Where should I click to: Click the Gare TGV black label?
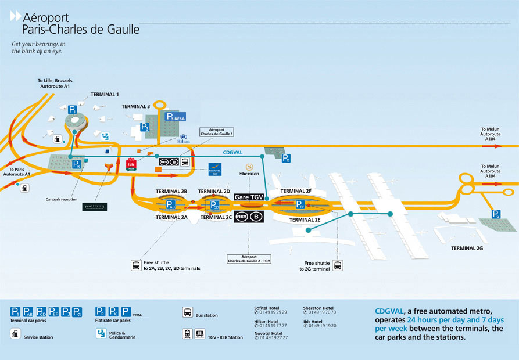pos(249,197)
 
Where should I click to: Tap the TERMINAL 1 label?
pos(105,94)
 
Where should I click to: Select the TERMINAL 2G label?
pos(467,248)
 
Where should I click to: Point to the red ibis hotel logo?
pos(131,164)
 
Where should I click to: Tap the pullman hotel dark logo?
pos(94,206)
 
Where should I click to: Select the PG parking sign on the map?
pos(496,214)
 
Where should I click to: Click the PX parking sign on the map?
pos(285,157)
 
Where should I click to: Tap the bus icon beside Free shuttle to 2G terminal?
pos(338,265)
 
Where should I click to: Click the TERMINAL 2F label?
pos(296,191)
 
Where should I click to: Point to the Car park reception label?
pos(62,199)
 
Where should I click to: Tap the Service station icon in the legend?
pos(15,333)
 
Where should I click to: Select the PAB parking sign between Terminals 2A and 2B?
pos(170,205)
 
